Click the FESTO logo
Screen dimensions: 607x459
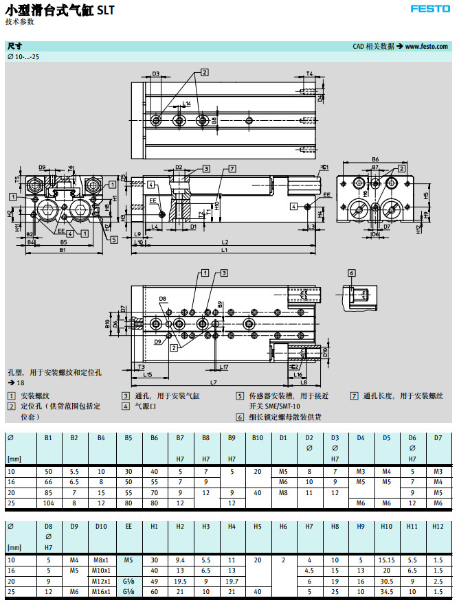point(429,9)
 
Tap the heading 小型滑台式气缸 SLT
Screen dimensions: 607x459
point(60,10)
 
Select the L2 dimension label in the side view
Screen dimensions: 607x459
point(225,242)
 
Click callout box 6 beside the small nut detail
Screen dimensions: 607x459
point(351,273)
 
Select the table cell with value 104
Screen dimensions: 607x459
point(48,503)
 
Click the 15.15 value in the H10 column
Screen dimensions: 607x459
point(386,560)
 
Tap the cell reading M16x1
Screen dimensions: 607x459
point(101,592)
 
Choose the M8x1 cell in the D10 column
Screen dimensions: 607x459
point(101,560)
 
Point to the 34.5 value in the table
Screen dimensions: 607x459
point(386,592)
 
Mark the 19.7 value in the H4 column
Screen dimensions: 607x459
point(232,581)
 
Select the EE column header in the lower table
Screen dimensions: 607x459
point(128,526)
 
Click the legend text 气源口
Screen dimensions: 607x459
point(140,406)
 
